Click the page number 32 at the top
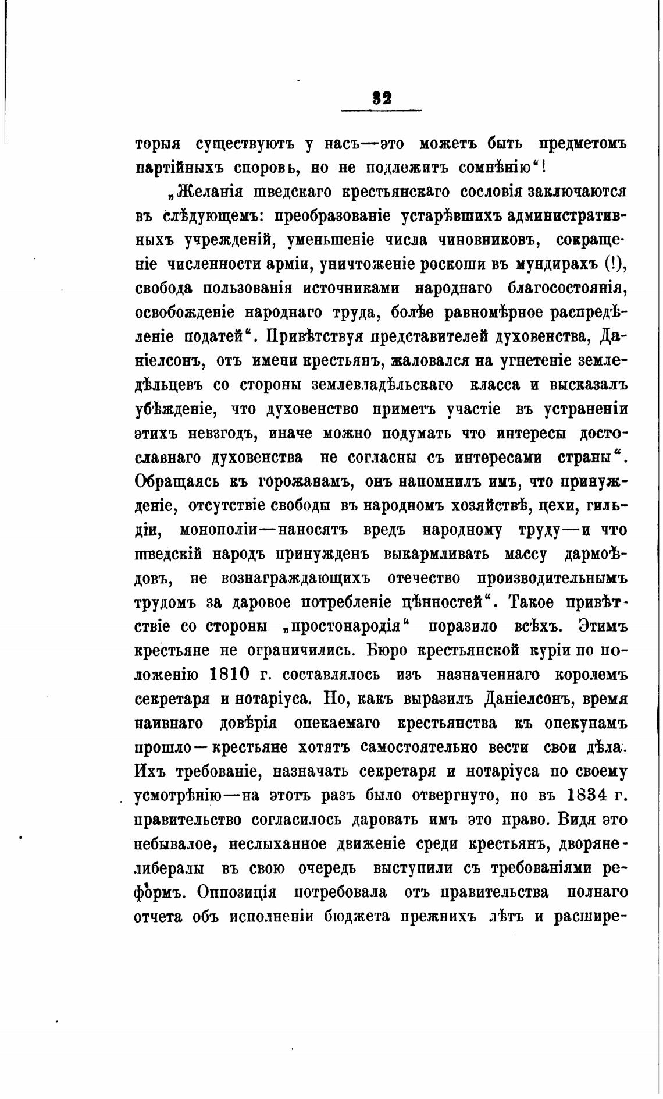[382, 97]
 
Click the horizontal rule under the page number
[382, 111]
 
